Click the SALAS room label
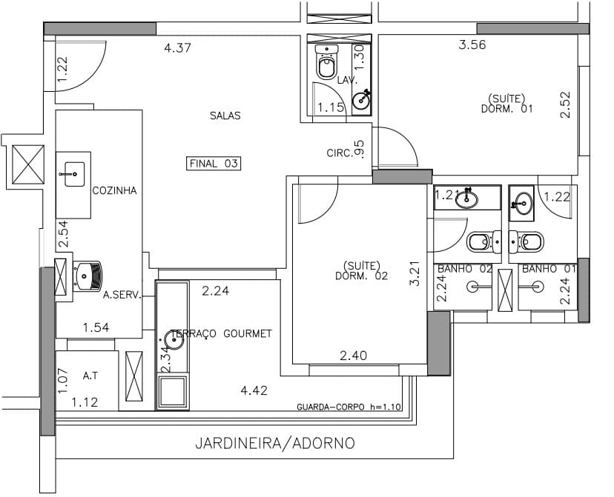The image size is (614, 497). pos(225,116)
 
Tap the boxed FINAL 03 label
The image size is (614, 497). pos(214,164)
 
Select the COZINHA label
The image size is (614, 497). pos(114,190)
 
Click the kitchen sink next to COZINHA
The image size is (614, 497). pos(74,174)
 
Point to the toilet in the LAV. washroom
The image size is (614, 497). pos(326,61)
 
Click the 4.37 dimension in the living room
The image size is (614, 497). pos(178,47)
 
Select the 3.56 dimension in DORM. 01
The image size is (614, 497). pos(472,44)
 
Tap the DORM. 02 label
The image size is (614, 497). pos(361,276)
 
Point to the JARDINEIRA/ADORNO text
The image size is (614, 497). pos(275,444)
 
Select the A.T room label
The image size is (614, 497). pos(90,376)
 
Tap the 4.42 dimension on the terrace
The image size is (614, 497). pos(254,390)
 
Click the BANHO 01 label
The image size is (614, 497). pos(549,269)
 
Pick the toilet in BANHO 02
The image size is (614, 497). pos(484,241)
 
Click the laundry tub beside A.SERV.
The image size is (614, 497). pos(88,276)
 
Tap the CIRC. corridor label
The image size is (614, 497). pos(340,153)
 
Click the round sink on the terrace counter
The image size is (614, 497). pos(174,340)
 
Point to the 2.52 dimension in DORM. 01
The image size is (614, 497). pos(565,104)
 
